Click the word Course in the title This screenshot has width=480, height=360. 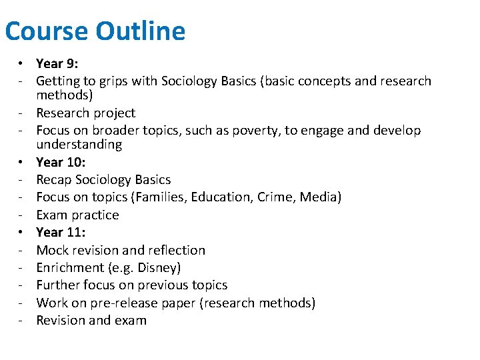(46, 31)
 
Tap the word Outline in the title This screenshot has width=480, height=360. (140, 31)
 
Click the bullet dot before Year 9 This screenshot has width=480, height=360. (22, 64)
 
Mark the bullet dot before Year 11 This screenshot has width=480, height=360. (22, 232)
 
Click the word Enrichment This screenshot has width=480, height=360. (69, 267)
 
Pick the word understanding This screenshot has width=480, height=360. (79, 145)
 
